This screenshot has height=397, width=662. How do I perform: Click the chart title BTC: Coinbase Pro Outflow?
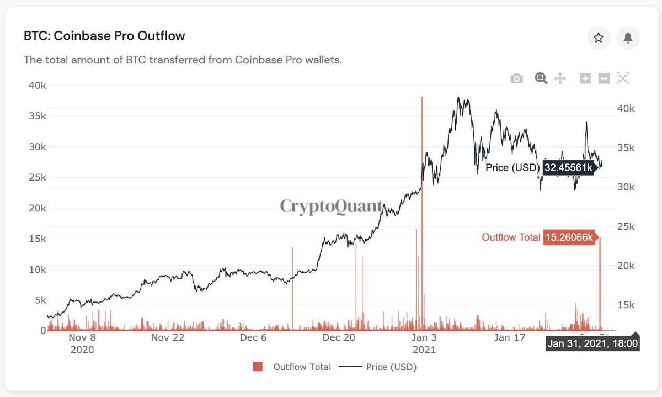coord(104,36)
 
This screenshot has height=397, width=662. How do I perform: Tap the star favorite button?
coord(598,38)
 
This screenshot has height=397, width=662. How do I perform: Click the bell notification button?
coord(628,38)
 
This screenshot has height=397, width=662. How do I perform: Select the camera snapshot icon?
coord(516,78)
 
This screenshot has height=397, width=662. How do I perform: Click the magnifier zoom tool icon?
coord(541,78)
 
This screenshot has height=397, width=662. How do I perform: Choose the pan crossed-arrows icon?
coord(560,78)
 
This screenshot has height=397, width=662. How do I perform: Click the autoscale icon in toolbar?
coord(623,78)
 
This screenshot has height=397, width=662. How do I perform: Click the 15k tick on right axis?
coord(624,305)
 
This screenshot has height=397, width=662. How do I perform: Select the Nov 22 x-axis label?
coord(167,338)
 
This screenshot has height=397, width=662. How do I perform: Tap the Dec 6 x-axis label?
coord(253,338)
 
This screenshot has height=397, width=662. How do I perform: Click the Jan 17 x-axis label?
coord(509,338)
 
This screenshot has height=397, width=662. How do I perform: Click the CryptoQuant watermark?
coord(331,207)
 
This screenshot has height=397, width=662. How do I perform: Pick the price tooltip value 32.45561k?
coord(568,168)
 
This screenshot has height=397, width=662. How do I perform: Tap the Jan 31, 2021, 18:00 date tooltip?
coord(592,344)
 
